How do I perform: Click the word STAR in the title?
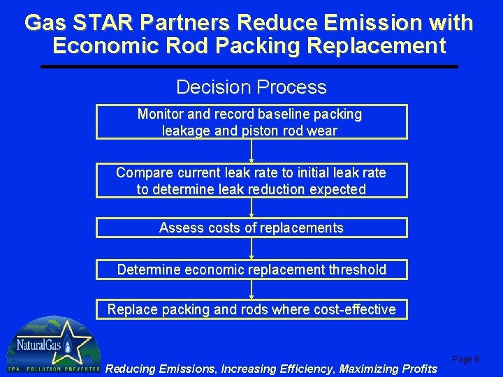98,23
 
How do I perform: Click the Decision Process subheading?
251,87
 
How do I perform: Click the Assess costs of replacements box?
251,228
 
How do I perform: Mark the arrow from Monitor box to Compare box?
251,151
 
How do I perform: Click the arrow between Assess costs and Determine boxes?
251,249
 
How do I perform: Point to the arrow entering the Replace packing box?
251,290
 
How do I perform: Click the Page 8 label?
466,360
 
